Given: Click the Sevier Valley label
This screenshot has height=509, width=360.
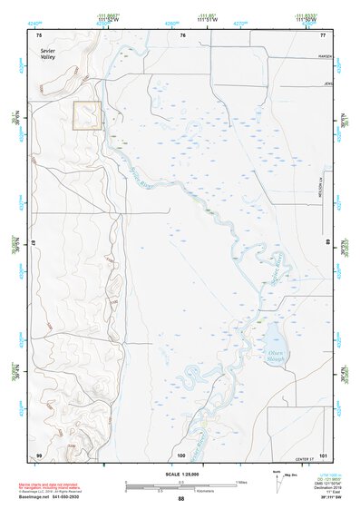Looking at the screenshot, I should pyautogui.click(x=47, y=55).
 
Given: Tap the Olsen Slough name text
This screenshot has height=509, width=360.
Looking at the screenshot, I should pyautogui.click(x=277, y=350).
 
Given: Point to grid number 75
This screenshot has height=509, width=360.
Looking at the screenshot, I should pyautogui.click(x=39, y=34).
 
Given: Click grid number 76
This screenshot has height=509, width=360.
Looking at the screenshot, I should pyautogui.click(x=182, y=34).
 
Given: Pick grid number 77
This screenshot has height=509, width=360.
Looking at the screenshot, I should pyautogui.click(x=322, y=34).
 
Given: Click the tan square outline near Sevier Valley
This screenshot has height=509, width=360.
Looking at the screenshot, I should pyautogui.click(x=87, y=115).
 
